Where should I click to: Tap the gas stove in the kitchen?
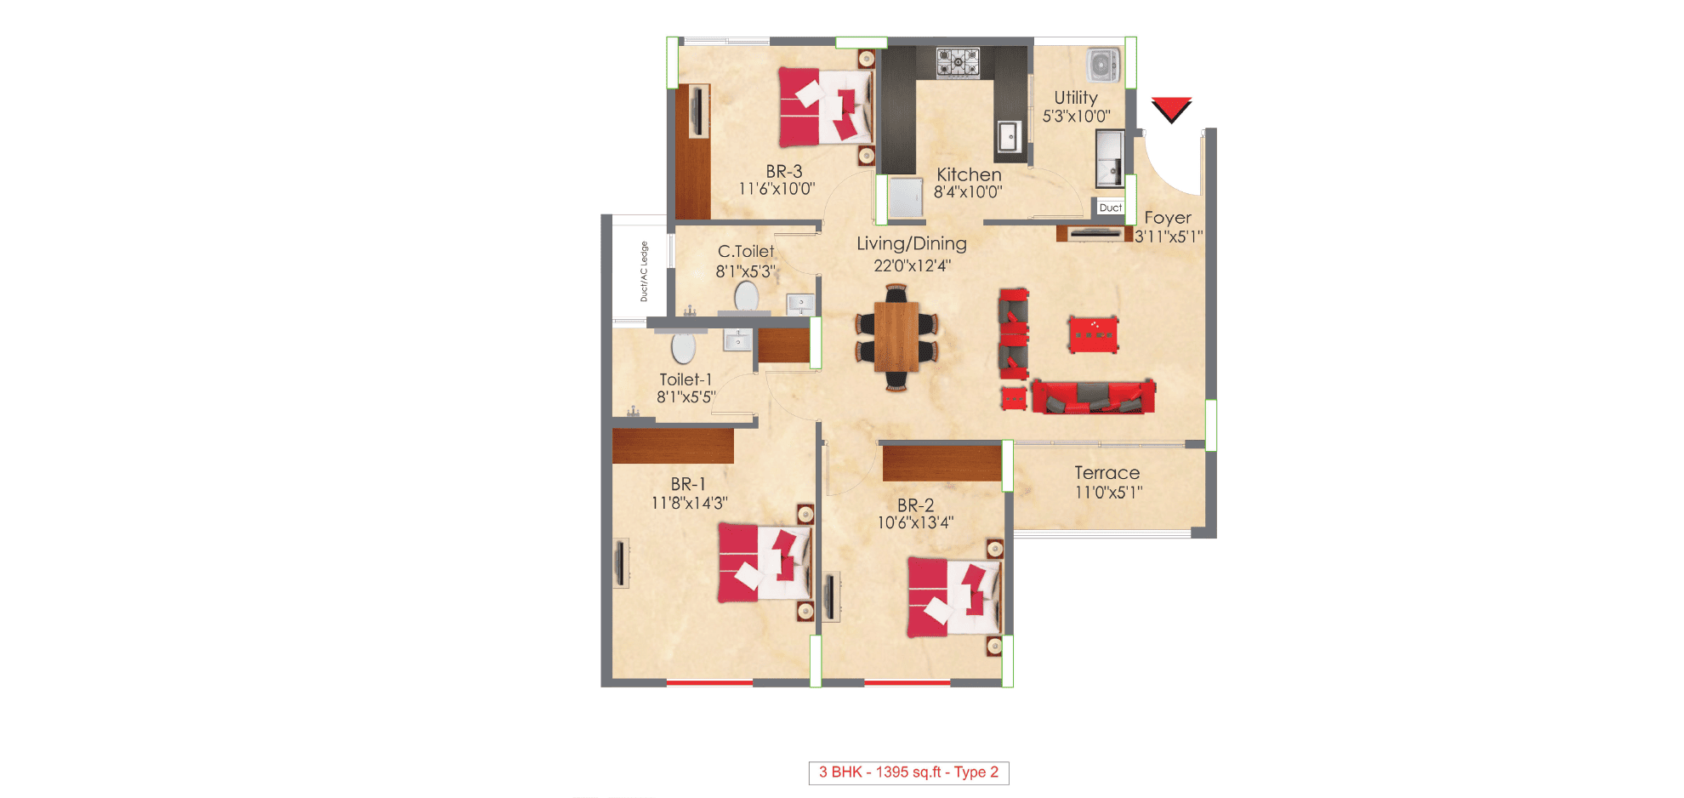pos(958,62)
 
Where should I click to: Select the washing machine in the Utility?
pos(1103,65)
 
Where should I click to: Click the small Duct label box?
pos(1110,208)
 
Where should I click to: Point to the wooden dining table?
pos(896,337)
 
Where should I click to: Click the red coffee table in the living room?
pos(1093,333)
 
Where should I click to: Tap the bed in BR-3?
pos(825,108)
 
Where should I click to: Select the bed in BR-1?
pos(764,563)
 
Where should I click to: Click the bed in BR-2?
pos(953,597)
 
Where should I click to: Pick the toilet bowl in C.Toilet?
pos(746,297)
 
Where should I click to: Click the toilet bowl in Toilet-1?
pos(683,347)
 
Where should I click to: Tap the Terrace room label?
pos(1107,473)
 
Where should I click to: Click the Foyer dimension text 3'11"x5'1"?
pos(1168,237)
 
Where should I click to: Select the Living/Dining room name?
pos(911,244)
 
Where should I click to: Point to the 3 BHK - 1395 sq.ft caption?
pos(908,772)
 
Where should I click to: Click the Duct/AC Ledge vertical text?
pos(644,271)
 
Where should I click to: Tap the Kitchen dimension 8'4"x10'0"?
pos(968,192)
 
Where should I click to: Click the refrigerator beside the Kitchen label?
pos(905,197)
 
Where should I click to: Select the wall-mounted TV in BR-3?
pos(698,111)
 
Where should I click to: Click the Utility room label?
pos(1076,98)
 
